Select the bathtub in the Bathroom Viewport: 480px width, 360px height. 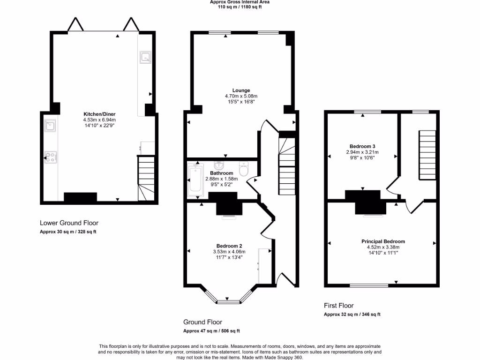pos(195,180)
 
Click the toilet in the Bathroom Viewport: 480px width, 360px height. pos(244,169)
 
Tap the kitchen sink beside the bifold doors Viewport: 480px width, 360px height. pos(145,58)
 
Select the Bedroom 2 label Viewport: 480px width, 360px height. pos(229,246)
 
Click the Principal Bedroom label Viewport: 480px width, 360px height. pos(383,241)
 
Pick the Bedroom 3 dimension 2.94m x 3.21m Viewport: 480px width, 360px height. pos(362,152)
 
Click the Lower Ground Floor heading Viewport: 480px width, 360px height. pos(69,223)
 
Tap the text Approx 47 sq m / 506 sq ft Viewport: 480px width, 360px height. pos(211,330)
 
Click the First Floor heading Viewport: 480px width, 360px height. pos(338,306)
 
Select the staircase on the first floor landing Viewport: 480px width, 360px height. pos(427,155)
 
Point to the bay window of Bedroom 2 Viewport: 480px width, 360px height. pos(227,300)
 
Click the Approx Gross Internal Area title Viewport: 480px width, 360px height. pos(240,2)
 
